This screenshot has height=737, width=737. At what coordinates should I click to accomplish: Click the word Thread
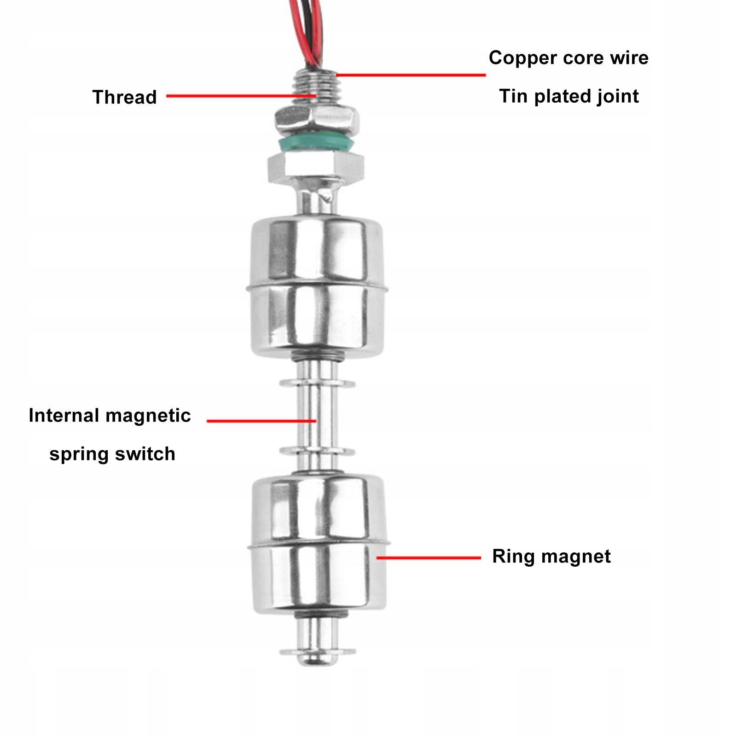[124, 97]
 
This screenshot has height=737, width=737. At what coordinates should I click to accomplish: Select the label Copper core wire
[569, 58]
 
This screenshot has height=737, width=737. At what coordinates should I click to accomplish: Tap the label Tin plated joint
[569, 96]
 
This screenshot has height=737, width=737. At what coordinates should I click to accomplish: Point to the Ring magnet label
[551, 556]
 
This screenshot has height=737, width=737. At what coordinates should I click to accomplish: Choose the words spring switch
[112, 454]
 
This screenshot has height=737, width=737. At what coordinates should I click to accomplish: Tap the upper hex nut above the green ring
[317, 119]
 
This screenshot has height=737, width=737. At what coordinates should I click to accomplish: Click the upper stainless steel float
[317, 285]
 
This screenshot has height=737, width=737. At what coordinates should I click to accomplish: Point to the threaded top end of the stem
[316, 85]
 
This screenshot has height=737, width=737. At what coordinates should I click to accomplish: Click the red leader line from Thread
[239, 96]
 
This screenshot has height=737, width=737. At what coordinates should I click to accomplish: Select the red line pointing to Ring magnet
[428, 557]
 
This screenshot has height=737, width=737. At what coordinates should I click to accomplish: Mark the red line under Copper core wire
[410, 75]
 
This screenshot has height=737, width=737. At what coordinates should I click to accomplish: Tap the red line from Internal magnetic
[261, 421]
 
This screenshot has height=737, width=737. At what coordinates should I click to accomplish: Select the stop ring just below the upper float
[317, 383]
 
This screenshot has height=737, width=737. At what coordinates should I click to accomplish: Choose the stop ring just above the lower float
[317, 452]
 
